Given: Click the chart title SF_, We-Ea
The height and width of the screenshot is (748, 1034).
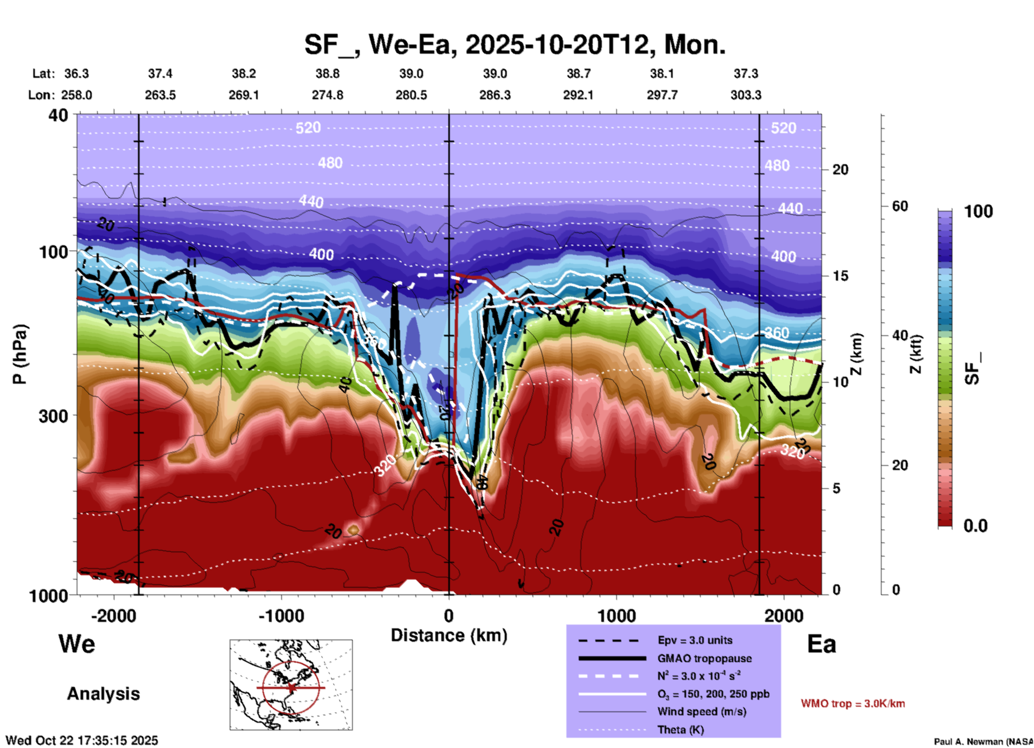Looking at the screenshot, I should [514, 45].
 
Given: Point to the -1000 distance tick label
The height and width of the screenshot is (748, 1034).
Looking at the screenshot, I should [281, 615].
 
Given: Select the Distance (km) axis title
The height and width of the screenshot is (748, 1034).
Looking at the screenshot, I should [449, 635].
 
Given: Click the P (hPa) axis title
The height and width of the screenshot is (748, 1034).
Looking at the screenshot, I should [20, 354].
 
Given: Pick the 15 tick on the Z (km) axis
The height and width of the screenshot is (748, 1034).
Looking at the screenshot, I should [840, 276].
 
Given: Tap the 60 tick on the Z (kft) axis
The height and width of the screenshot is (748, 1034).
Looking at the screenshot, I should [900, 206].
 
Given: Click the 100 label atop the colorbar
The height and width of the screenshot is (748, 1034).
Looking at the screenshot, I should [978, 211].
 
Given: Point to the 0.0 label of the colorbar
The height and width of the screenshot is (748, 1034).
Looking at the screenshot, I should [975, 525].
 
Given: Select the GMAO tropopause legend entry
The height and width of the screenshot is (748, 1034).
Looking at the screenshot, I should [704, 658].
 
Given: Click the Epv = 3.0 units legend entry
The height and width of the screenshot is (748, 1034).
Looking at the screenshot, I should [695, 640].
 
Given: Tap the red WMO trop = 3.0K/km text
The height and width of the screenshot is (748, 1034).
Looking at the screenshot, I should [853, 703].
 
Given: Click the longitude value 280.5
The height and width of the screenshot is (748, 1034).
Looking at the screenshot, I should [411, 95].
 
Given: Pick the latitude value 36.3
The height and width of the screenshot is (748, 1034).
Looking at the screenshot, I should [76, 74].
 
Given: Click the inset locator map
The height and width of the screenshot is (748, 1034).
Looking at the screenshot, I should [291, 685].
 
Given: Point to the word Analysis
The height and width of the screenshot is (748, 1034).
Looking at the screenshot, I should [103, 694].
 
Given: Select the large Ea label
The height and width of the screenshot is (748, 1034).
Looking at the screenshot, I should [821, 644].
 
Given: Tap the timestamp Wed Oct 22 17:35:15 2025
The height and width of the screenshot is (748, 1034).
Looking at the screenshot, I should [82, 740].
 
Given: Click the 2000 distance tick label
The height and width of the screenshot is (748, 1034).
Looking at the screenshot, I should [784, 615].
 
